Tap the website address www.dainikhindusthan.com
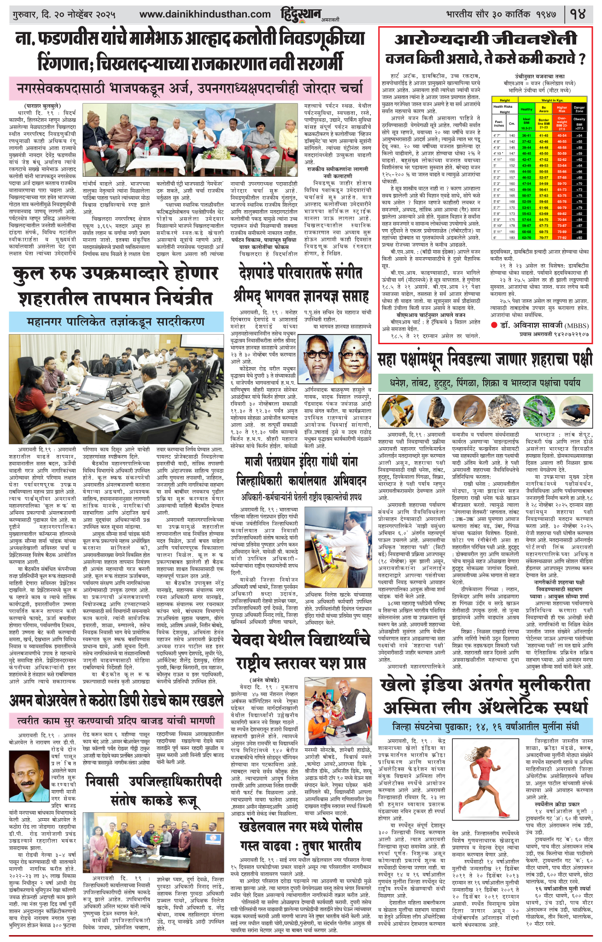(205, 15)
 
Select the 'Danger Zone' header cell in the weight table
(579, 109)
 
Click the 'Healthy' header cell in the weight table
(526, 109)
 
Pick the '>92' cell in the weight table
(579, 237)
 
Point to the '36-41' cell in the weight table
(526, 135)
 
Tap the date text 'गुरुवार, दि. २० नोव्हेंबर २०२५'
(64, 15)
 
